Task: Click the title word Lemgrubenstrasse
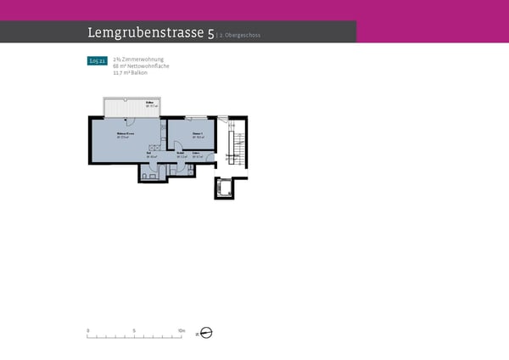[145, 33]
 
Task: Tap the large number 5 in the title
[210, 33]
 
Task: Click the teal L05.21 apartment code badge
[97, 61]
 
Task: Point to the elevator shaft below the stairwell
[225, 188]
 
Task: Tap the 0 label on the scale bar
[87, 329]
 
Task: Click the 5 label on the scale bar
[134, 329]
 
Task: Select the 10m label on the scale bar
[181, 329]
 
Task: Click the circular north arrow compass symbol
[205, 333]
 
